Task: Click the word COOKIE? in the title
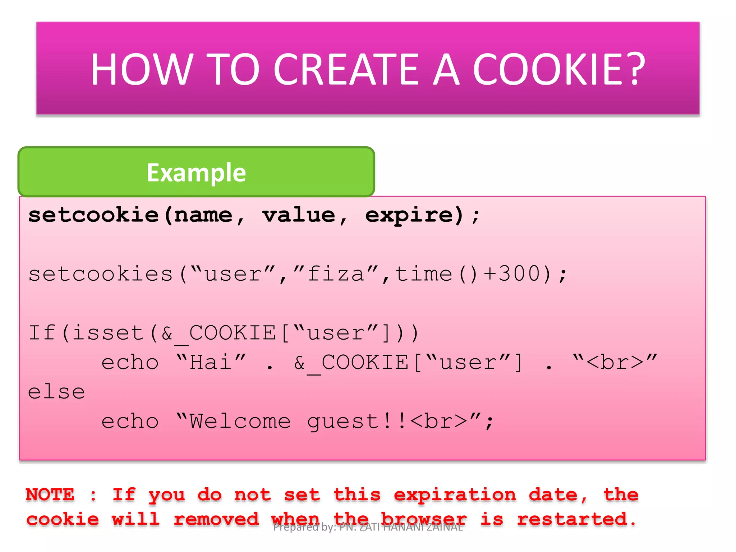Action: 558,69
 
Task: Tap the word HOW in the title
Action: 141,69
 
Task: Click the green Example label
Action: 196,172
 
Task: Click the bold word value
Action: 299,215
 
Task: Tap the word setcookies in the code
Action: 101,274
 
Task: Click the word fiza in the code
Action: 336,274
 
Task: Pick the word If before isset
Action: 42,332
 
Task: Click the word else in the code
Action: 56,391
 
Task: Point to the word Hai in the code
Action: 211,362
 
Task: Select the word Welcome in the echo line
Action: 240,421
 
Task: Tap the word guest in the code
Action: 343,422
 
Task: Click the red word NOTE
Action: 50,494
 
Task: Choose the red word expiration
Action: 455,495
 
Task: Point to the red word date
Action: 553,494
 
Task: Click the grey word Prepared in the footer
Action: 296,527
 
